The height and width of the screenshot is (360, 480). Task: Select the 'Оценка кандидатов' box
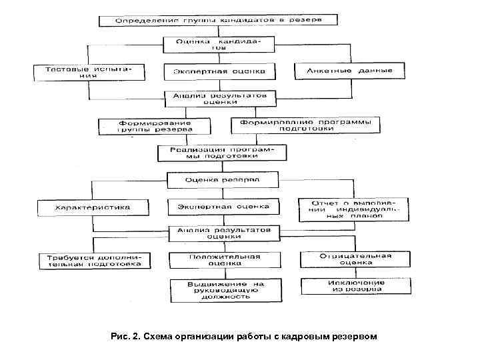click(219, 45)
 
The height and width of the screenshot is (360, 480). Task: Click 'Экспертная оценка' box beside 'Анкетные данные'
click(219, 71)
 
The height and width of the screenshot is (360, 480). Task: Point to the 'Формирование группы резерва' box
click(155, 127)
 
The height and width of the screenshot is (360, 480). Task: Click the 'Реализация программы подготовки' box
click(222, 153)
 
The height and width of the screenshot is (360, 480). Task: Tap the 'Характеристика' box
click(93, 207)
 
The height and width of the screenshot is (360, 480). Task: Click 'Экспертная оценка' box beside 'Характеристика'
click(223, 207)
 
